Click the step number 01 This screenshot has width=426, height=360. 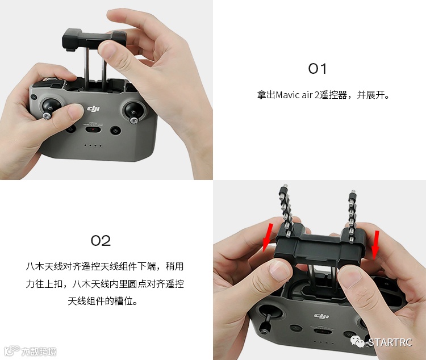317,69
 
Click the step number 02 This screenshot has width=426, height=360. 101,241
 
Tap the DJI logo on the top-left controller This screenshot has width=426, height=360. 94,109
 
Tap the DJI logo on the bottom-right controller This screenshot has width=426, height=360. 321,316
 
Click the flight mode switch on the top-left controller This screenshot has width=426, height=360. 93,129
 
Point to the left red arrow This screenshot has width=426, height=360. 268,237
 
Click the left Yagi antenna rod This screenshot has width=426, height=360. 285,211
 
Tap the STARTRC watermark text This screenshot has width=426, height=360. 390,342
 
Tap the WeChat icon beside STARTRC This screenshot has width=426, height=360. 357,341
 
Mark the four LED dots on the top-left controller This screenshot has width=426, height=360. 93,145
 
